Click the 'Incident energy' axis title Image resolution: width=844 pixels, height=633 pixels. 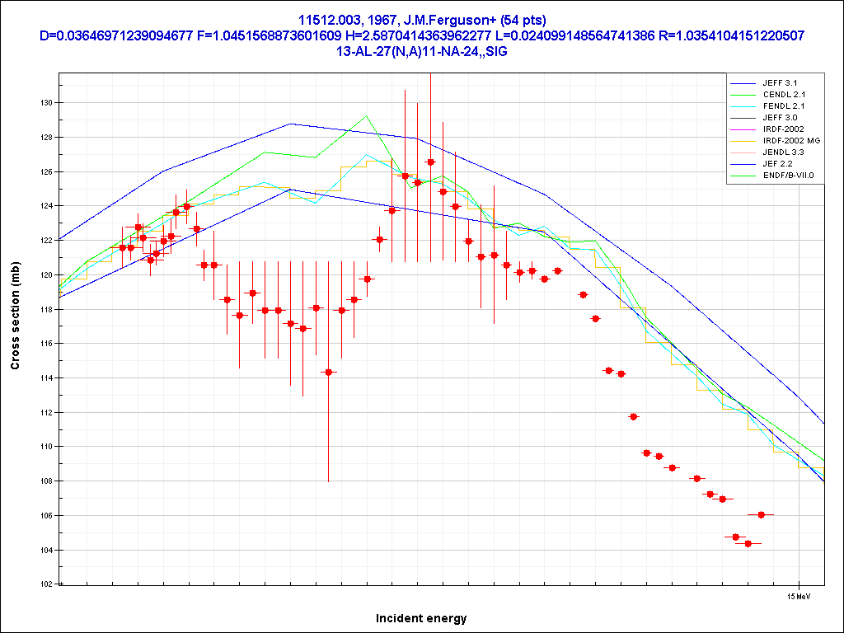tap(421, 618)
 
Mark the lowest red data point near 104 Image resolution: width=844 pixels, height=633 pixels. tap(748, 543)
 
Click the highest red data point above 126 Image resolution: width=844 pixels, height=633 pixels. tap(430, 162)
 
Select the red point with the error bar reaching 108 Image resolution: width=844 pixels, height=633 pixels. tap(328, 373)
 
